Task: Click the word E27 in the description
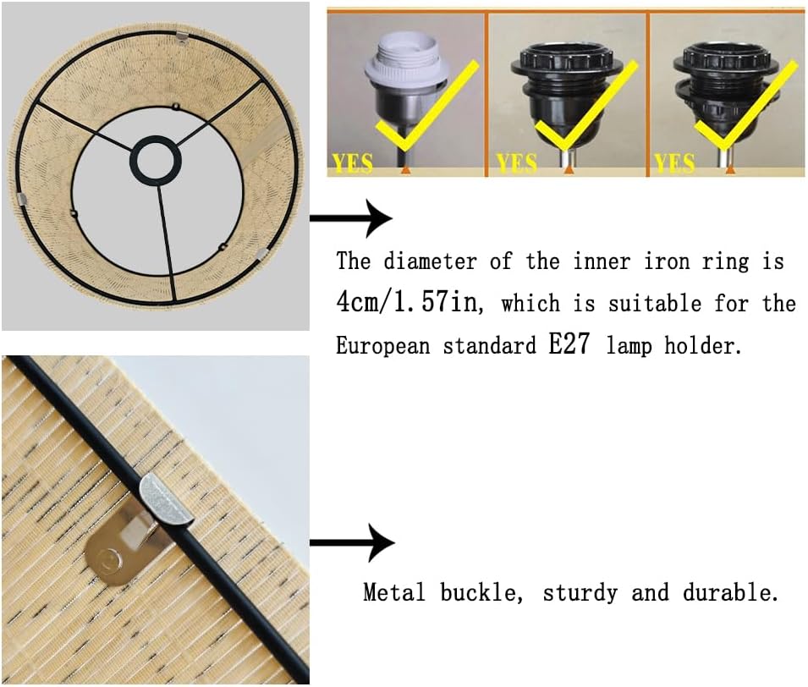coord(569,344)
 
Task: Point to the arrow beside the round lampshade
coord(351,218)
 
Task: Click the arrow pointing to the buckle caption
coord(352,542)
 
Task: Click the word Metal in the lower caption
coord(394,592)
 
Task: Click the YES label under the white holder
coord(353,163)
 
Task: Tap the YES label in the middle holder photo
coord(516,163)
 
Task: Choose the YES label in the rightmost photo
coord(674,163)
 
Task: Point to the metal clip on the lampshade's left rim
coord(21,198)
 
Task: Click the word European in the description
coord(383,345)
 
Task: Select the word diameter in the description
coord(430,261)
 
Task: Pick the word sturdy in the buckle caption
coord(580,593)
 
